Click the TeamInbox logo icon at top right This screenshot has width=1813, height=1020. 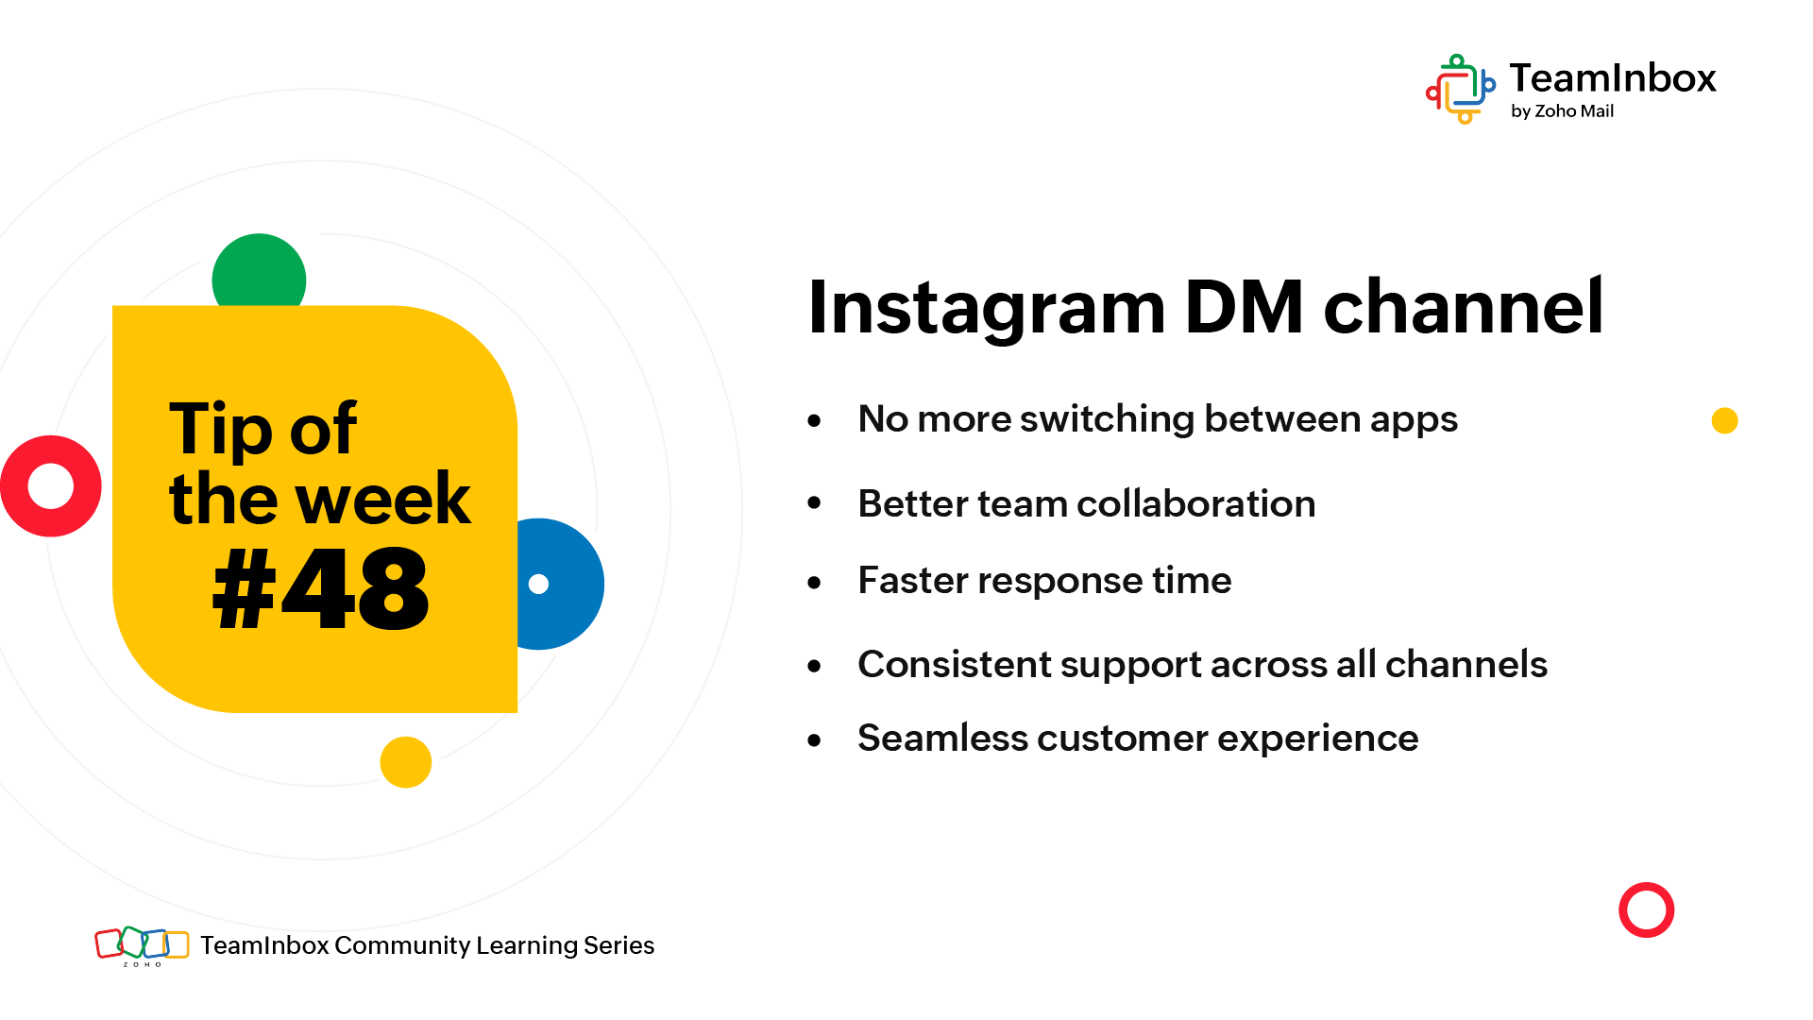(1461, 90)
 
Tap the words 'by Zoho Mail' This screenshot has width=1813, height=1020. (1562, 111)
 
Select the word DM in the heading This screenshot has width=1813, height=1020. (1245, 307)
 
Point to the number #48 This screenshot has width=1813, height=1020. (321, 589)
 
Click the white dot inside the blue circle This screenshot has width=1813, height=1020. (538, 584)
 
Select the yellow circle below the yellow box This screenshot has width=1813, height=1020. (406, 762)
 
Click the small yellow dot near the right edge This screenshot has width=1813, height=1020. (1725, 420)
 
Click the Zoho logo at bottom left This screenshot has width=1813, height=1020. (142, 945)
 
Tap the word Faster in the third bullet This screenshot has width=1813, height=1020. (913, 580)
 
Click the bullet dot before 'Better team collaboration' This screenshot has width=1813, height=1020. (815, 503)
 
